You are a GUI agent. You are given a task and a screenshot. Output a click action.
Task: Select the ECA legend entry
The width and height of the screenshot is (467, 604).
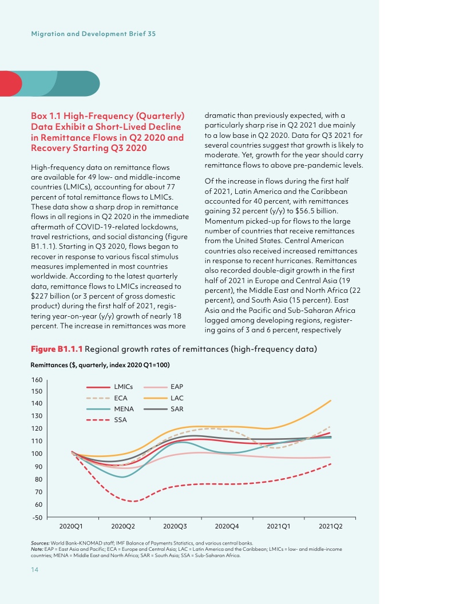(120, 398)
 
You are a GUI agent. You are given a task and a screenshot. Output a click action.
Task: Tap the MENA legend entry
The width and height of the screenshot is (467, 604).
(124, 409)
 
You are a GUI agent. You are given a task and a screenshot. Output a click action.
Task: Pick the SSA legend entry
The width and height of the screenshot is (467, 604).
(120, 420)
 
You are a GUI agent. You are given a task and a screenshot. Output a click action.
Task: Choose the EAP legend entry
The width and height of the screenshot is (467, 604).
(177, 387)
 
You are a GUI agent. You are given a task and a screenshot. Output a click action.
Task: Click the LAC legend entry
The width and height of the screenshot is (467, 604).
(177, 398)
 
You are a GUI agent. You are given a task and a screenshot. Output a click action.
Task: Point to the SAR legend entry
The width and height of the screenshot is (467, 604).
(177, 409)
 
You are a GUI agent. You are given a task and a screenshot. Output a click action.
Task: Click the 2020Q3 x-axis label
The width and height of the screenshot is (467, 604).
(174, 525)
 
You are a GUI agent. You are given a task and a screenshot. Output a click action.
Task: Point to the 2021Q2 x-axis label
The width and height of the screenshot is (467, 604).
(330, 525)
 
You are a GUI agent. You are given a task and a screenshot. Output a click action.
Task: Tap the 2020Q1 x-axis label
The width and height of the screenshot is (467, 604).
(71, 525)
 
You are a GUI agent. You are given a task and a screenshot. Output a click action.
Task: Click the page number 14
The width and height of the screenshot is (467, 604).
(35, 570)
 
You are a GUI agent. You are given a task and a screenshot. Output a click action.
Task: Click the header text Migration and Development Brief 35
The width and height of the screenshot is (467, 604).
(93, 34)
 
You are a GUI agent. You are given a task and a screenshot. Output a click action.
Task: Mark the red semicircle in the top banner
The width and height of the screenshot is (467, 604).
(10, 84)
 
